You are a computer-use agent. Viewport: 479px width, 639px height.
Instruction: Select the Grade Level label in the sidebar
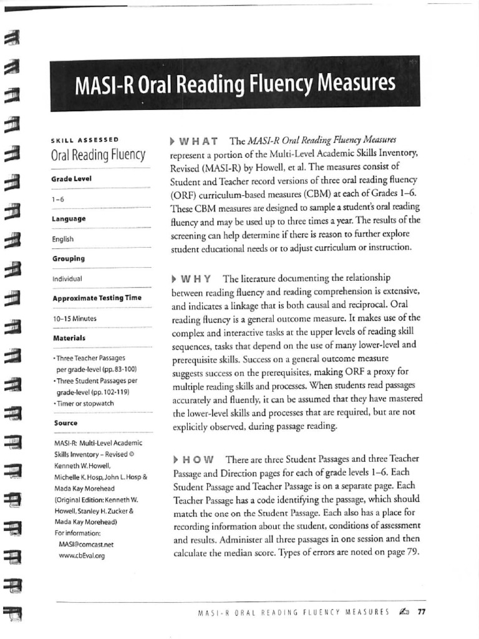click(x=71, y=178)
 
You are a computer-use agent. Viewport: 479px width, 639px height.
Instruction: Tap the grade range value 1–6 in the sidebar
click(x=58, y=199)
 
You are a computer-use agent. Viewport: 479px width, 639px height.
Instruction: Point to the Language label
click(x=69, y=219)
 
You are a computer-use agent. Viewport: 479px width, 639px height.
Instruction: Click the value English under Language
click(x=63, y=239)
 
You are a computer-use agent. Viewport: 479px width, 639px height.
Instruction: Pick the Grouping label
click(x=69, y=258)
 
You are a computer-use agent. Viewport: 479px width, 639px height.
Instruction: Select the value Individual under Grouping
click(x=67, y=279)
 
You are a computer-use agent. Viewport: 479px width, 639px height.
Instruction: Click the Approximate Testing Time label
click(x=97, y=298)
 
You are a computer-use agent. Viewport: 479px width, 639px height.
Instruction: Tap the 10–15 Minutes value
click(x=74, y=319)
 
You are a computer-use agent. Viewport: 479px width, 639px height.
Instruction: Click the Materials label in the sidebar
click(x=69, y=338)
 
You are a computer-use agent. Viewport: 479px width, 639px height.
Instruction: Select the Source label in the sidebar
click(x=65, y=423)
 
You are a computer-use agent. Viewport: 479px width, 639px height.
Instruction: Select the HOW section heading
click(x=193, y=459)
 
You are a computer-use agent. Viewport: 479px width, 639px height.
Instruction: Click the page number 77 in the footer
click(x=421, y=612)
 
